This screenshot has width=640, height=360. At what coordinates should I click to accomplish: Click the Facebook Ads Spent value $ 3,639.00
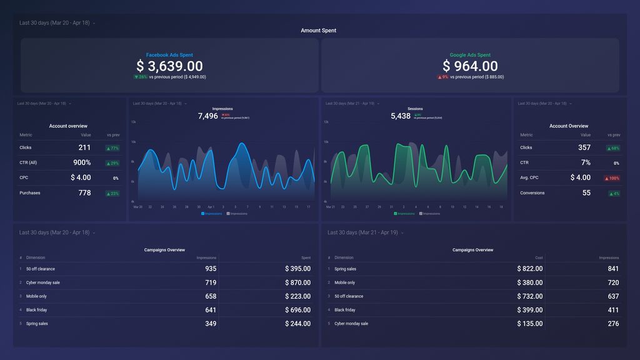(x=169, y=66)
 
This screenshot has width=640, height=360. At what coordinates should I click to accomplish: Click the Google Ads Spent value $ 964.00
(x=470, y=66)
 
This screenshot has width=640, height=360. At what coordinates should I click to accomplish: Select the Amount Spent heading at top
(x=319, y=31)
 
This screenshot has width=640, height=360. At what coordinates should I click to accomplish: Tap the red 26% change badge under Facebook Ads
(x=140, y=77)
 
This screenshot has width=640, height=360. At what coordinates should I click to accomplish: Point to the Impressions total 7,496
(x=207, y=116)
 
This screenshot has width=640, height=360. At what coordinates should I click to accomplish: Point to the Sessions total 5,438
(x=401, y=116)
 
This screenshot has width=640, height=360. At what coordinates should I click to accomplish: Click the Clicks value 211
(x=84, y=147)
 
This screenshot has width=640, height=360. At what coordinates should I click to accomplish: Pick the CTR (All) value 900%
(x=82, y=162)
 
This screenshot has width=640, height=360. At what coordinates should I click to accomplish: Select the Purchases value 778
(x=84, y=192)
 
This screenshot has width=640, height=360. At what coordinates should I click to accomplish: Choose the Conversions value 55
(x=586, y=192)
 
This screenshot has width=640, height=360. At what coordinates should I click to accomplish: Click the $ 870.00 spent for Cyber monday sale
(x=297, y=282)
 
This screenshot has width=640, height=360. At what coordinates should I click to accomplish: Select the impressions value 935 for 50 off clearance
(x=211, y=269)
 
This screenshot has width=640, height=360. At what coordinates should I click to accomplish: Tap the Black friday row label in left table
(x=36, y=310)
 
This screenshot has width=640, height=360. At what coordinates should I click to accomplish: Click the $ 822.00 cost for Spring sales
(x=529, y=269)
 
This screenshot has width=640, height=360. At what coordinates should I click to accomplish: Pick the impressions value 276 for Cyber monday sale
(x=613, y=324)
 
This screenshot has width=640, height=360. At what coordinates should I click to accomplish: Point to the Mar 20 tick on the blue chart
(x=137, y=207)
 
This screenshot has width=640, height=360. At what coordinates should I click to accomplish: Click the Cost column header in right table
(x=539, y=257)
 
